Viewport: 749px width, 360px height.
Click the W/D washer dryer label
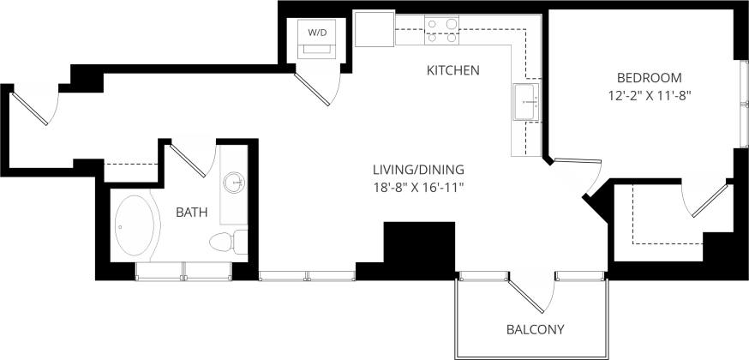(317, 33)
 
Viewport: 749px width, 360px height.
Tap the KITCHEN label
(452, 70)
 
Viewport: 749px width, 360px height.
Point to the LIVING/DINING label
(412, 168)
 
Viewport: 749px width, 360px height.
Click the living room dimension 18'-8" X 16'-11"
(412, 187)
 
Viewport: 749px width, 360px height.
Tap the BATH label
(190, 212)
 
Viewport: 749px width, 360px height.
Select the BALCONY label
(535, 329)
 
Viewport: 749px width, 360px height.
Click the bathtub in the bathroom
(135, 226)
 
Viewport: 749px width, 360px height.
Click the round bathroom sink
(234, 183)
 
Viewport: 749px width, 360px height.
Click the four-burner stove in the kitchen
(442, 32)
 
